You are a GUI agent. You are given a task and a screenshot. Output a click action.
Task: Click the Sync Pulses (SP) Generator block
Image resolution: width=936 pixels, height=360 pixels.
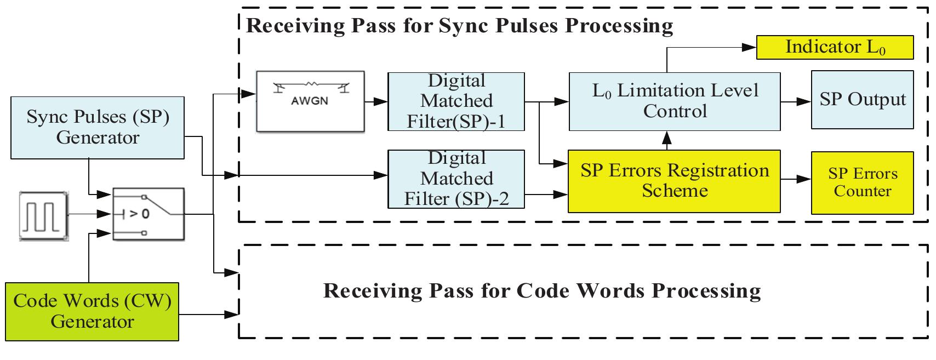point(98,127)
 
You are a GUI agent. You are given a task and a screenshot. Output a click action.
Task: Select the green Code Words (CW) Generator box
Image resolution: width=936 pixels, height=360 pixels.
point(92,311)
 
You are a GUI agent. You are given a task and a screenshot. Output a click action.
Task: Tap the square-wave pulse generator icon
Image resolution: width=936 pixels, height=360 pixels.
point(44,216)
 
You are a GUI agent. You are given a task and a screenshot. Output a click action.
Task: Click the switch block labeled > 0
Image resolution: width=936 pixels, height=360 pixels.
point(149,214)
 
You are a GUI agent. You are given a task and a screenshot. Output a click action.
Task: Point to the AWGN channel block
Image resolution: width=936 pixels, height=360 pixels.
point(311,101)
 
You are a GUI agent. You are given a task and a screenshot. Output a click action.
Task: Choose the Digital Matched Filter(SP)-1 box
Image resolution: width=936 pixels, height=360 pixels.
point(456,101)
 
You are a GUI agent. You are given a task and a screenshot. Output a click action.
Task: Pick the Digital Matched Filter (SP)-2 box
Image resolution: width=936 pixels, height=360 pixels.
point(456,179)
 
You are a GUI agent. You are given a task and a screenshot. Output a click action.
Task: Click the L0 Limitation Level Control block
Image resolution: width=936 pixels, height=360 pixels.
point(675,101)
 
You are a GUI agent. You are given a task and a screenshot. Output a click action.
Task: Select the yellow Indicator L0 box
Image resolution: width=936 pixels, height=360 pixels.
point(835,47)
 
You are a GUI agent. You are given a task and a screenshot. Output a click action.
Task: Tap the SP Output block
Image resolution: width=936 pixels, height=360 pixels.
point(862,100)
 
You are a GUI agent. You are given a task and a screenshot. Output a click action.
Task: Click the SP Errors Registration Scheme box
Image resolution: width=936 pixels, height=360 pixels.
point(674,181)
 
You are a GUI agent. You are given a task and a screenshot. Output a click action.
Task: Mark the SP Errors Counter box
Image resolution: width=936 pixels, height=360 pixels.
point(862,182)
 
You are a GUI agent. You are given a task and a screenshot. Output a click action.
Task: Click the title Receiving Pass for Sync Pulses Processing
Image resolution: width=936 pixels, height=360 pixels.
point(459,25)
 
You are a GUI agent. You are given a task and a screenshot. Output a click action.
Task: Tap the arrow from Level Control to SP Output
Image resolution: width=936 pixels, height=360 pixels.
point(796,101)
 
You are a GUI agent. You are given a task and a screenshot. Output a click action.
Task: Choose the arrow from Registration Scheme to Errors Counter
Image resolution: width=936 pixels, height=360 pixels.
point(796,179)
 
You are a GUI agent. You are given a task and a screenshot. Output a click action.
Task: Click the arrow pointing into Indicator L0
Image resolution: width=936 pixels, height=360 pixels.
point(712,48)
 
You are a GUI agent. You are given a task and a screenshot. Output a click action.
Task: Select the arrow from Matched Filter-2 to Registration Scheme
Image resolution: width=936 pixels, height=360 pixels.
point(546,193)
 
